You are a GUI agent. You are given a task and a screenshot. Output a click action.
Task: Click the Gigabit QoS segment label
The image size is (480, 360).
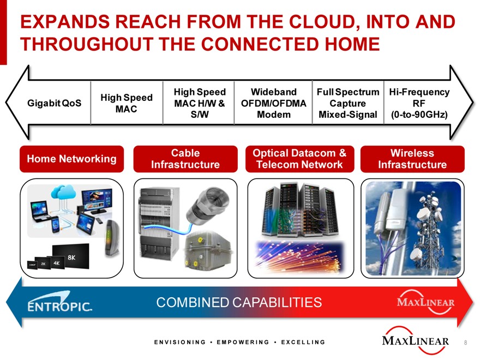click(x=54, y=103)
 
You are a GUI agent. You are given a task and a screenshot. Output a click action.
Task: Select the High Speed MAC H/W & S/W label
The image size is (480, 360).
click(x=200, y=103)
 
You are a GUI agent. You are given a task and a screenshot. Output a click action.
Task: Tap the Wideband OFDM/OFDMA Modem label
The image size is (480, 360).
click(x=273, y=103)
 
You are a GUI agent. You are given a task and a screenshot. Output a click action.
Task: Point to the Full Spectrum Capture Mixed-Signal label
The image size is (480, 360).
click(x=348, y=103)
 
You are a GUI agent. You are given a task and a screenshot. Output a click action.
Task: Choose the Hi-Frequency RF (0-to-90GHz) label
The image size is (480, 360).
click(x=419, y=103)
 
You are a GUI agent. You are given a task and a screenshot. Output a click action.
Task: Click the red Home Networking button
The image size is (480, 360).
click(x=71, y=159)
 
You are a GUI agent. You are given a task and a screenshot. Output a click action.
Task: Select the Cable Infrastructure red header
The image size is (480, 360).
click(x=185, y=159)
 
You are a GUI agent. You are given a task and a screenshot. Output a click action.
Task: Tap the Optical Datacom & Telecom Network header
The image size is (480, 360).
click(x=299, y=159)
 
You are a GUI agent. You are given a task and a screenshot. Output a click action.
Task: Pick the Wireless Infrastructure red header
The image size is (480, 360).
click(x=412, y=159)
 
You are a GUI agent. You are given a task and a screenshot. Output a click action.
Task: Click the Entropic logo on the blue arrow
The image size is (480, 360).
click(x=59, y=302)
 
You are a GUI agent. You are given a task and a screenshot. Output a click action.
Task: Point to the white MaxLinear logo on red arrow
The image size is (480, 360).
click(x=425, y=302)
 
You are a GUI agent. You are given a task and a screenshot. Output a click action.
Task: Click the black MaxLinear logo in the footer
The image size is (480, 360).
click(x=416, y=340)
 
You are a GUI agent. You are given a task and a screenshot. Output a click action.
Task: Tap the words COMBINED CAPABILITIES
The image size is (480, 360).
click(x=239, y=302)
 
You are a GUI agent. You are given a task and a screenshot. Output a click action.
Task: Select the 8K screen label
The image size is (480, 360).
click(x=71, y=257)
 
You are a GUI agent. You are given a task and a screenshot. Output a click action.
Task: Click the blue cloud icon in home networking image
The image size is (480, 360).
click(x=64, y=191)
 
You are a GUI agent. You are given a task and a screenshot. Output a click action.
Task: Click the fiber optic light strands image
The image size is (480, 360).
click(x=300, y=256)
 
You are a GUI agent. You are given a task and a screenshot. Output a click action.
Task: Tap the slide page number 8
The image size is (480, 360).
click(x=466, y=343)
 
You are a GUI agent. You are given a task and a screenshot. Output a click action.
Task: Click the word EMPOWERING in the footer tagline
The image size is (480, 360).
click(x=243, y=342)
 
